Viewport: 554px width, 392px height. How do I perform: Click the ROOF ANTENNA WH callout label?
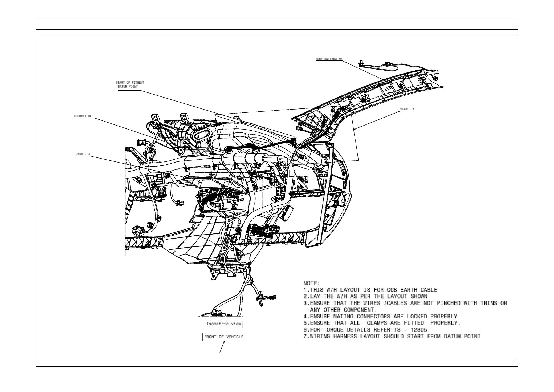(328, 59)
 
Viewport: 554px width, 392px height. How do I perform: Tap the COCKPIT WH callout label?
(82, 116)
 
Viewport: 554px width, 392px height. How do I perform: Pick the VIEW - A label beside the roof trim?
(407, 110)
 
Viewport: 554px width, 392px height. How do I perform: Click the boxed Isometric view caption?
(224, 324)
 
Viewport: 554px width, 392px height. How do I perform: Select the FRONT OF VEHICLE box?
(224, 337)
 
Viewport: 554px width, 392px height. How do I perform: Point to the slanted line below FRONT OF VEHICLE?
(222, 347)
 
